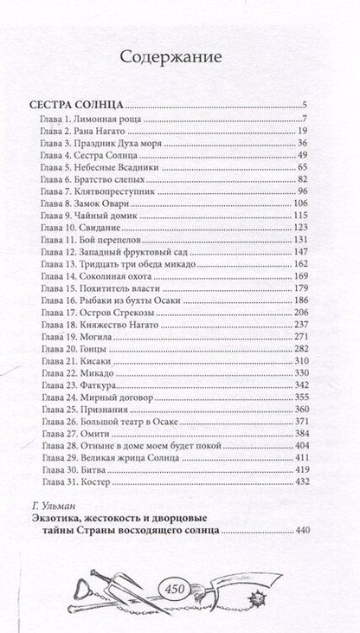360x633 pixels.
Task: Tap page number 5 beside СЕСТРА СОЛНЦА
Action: click(330, 105)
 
